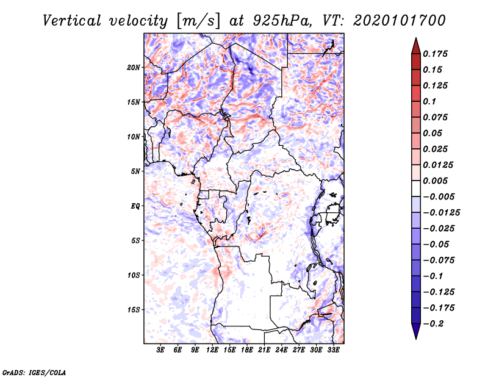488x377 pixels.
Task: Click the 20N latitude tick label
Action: coord(134,67)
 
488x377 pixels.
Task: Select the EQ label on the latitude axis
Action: coord(135,206)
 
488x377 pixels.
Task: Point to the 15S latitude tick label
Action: coord(134,310)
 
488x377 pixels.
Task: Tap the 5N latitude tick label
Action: coord(135,171)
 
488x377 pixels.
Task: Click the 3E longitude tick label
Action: coord(161,350)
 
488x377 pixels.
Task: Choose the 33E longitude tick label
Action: coord(334,350)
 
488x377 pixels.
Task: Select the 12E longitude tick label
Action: coord(213,350)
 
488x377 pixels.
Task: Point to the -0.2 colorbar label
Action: coord(434,323)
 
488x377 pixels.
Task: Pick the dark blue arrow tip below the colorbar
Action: coord(415,334)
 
